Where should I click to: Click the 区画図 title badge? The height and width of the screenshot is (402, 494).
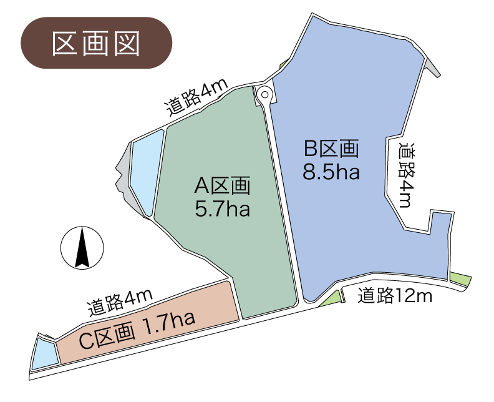(x=96, y=42)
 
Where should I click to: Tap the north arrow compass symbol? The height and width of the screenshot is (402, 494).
(x=82, y=248)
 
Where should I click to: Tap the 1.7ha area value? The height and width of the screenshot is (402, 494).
(x=170, y=323)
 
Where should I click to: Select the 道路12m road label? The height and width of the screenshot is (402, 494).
(x=395, y=295)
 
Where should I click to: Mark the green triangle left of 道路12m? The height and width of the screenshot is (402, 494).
(x=332, y=299)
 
